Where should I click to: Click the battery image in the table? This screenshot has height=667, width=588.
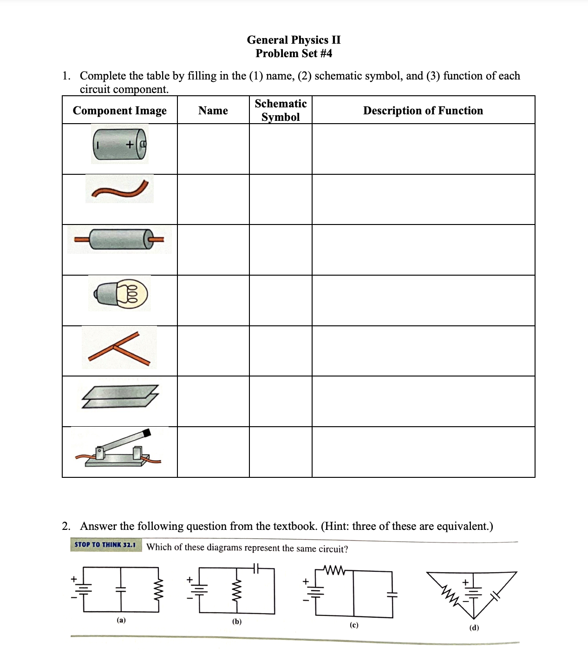coord(119,145)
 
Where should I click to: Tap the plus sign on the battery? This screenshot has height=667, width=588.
coord(130,145)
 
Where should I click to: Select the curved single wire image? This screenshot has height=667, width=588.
coord(120,190)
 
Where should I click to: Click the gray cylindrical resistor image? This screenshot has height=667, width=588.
coord(119,239)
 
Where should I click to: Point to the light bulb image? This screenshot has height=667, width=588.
coord(120,293)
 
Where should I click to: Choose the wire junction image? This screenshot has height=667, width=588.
coord(119,349)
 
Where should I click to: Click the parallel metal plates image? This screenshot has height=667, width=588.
coord(120,396)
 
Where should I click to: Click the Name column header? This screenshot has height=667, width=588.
coord(213,111)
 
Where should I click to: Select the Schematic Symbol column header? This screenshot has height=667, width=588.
coord(281,110)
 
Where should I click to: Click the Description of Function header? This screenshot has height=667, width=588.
coord(423,111)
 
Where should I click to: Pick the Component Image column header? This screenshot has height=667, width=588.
coord(119,111)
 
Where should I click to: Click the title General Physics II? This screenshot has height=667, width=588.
coord(294,40)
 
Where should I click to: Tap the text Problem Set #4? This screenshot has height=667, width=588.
coord(294,53)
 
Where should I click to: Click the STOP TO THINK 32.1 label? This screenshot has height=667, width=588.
coord(105,544)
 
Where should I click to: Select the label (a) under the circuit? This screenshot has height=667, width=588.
coord(121,620)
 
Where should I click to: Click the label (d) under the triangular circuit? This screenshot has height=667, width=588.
coord(474,627)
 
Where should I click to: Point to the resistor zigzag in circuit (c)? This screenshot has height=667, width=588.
coord(333,570)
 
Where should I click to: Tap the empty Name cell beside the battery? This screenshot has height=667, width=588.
coord(213,149)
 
